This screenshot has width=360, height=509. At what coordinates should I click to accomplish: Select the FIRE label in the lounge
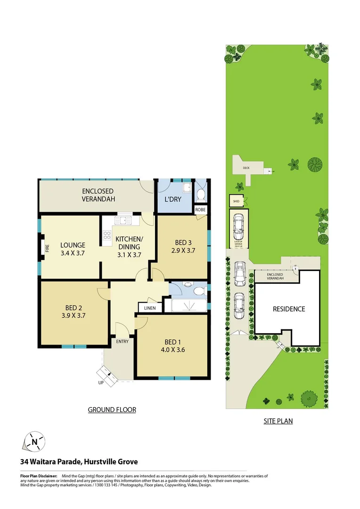pos(47,248)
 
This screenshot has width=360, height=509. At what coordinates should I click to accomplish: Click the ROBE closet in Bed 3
pos(200,210)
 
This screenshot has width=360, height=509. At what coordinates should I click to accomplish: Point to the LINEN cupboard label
pos(150,308)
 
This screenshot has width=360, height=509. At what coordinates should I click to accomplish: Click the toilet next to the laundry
pos(202,194)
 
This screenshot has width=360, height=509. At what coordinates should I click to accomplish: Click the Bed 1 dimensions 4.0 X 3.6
pos(171,350)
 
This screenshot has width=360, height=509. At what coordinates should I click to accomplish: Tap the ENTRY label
pos(122,341)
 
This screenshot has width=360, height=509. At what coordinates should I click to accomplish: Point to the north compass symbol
pos(34,442)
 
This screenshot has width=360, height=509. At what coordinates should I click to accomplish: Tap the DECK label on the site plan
pos(245,168)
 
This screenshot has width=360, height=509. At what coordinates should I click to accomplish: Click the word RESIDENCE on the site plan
pos(289,309)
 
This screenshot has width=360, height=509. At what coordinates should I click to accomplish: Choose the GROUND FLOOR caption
pos(112,410)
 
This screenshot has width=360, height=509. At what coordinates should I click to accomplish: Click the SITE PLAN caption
pos(278,421)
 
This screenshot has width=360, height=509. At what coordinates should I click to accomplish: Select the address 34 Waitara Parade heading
pos(79,462)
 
